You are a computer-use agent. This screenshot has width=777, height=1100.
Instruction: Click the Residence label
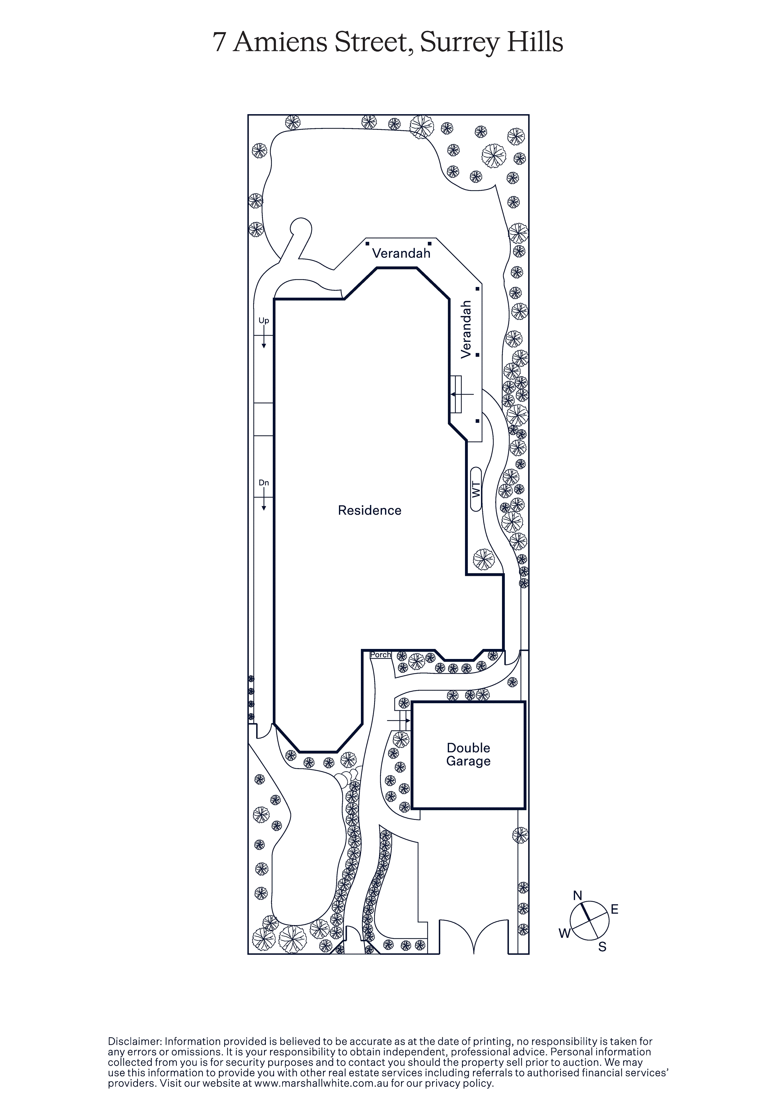369,510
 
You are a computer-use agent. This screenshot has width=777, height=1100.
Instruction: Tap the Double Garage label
468,755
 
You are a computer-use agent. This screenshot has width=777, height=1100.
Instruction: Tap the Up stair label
263,321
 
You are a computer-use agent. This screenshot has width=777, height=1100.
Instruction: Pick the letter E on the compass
615,909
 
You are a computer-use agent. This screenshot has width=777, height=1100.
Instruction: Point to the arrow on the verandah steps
461,394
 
